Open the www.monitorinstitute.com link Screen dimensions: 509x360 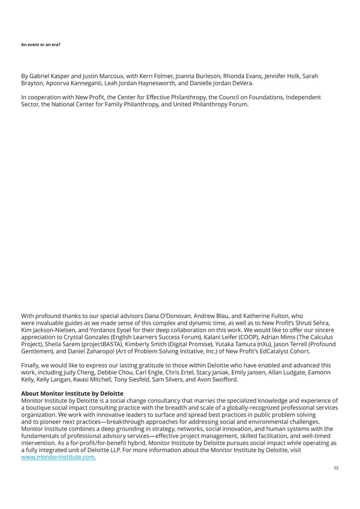coord(58,457)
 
